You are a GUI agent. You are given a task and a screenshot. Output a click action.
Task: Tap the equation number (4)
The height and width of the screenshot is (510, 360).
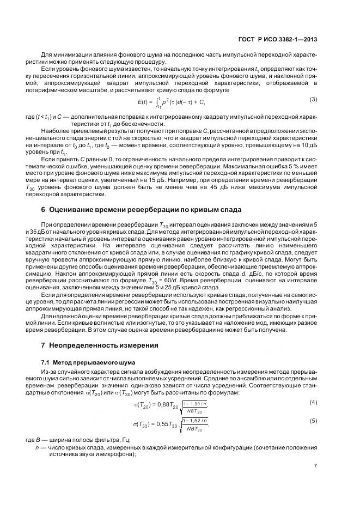[x=313, y=402]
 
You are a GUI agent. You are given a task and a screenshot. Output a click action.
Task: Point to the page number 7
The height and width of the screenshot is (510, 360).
[x=315, y=465]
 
